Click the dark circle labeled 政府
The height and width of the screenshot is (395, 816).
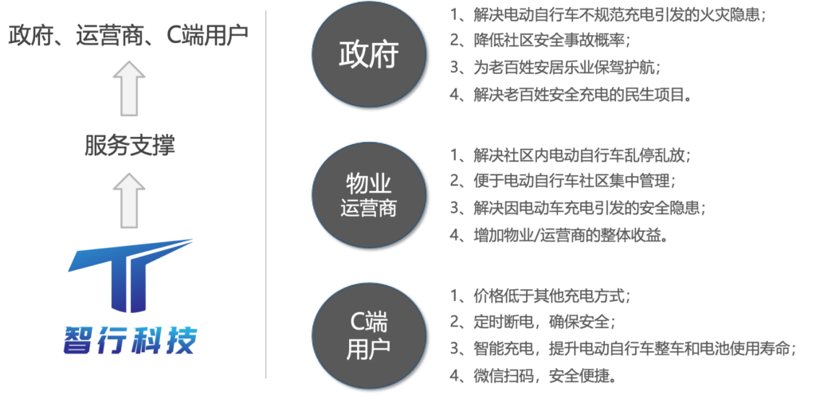click(x=367, y=56)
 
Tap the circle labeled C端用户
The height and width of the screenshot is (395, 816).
click(x=367, y=335)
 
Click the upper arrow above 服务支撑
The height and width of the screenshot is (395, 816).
click(x=128, y=88)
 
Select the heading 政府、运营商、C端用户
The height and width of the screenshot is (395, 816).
click(x=128, y=36)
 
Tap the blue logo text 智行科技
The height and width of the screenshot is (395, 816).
click(x=130, y=340)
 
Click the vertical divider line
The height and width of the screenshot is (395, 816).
click(x=265, y=195)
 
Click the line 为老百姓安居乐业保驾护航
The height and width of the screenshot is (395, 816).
click(x=562, y=68)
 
